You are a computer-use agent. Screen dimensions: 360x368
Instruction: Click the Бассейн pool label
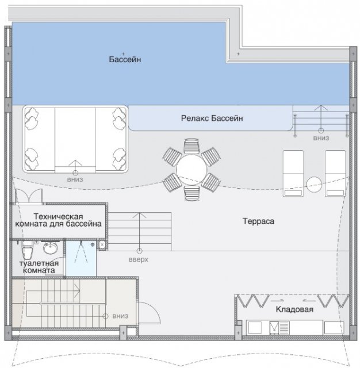pos(125,59)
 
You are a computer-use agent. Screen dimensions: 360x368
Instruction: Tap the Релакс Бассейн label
pos(212,118)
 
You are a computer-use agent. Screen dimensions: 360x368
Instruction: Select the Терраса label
pos(258,221)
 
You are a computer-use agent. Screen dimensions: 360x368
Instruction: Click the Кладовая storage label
pos(294,309)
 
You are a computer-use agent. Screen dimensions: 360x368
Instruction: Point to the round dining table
pos(192,170)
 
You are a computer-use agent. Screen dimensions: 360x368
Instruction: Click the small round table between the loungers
pos(314,185)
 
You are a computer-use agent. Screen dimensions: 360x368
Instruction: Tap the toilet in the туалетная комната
pos(27,250)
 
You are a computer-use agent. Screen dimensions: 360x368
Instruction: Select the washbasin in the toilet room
pos(50,248)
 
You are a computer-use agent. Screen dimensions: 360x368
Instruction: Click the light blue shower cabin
pos(81,258)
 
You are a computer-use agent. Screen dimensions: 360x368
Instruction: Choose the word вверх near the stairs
pos(139,259)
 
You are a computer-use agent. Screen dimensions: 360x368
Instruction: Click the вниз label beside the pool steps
pos(321,138)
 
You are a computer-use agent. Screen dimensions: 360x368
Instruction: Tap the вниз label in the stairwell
pos(120,316)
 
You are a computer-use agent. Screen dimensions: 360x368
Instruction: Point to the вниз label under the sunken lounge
pos(75,179)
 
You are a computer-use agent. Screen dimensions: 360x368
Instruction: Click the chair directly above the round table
pos(192,146)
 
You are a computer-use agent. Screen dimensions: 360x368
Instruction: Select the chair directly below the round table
pos(192,193)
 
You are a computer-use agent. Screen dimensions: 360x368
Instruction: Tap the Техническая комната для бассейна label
pos(58,220)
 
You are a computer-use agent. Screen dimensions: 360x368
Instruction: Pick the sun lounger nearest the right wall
pos(335,174)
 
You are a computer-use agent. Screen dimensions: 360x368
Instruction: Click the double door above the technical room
pos(29,195)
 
